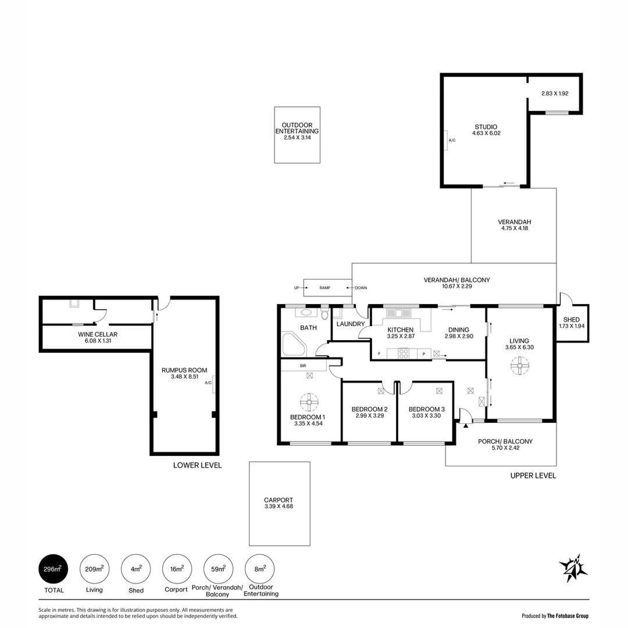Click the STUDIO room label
pyautogui.click(x=486, y=127)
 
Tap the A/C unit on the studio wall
pyautogui.click(x=445, y=140)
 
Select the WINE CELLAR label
pyautogui.click(x=98, y=334)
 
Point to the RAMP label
pyautogui.click(x=324, y=288)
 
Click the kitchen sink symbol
pyautogui.click(x=398, y=313)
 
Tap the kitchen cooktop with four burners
pyautogui.click(x=403, y=353)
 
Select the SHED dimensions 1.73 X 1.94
pyautogui.click(x=572, y=326)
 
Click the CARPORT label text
pyautogui.click(x=279, y=499)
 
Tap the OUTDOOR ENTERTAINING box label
pyautogui.click(x=297, y=129)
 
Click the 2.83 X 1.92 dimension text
pyautogui.click(x=554, y=93)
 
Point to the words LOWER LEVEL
pyautogui.click(x=197, y=465)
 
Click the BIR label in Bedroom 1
pyautogui.click(x=303, y=366)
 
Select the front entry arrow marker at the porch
pyautogui.click(x=466, y=426)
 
